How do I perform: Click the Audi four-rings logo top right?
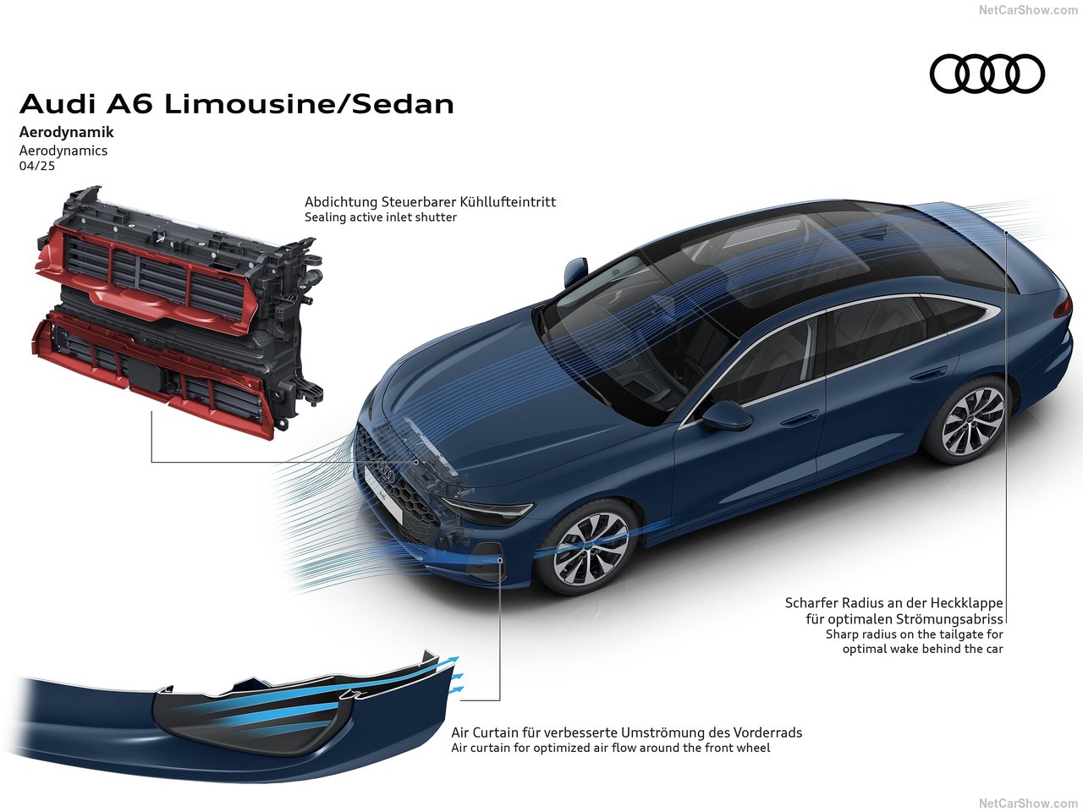coord(987,73)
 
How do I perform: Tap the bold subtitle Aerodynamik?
coord(66,132)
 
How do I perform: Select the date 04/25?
coord(36,166)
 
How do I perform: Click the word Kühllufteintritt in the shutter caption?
coord(508,202)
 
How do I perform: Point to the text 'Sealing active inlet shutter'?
coord(381,217)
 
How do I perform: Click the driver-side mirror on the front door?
coord(725,416)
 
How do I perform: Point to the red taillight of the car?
coord(1063,306)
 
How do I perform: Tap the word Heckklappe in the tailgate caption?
coord(966,603)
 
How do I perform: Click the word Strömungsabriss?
coord(949,619)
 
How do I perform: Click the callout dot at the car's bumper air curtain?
coord(500,560)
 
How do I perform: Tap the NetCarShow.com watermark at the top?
coord(1028,10)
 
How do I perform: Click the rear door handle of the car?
coord(929,372)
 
